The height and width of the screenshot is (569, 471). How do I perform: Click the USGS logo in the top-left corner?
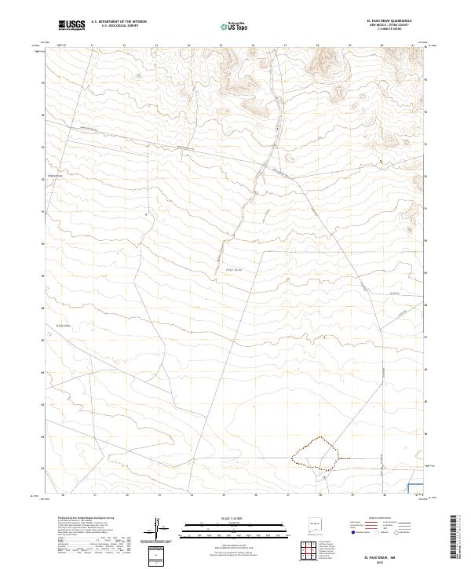click(71, 25)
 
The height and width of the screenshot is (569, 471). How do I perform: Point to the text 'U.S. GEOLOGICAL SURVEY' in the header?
click(119, 26)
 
